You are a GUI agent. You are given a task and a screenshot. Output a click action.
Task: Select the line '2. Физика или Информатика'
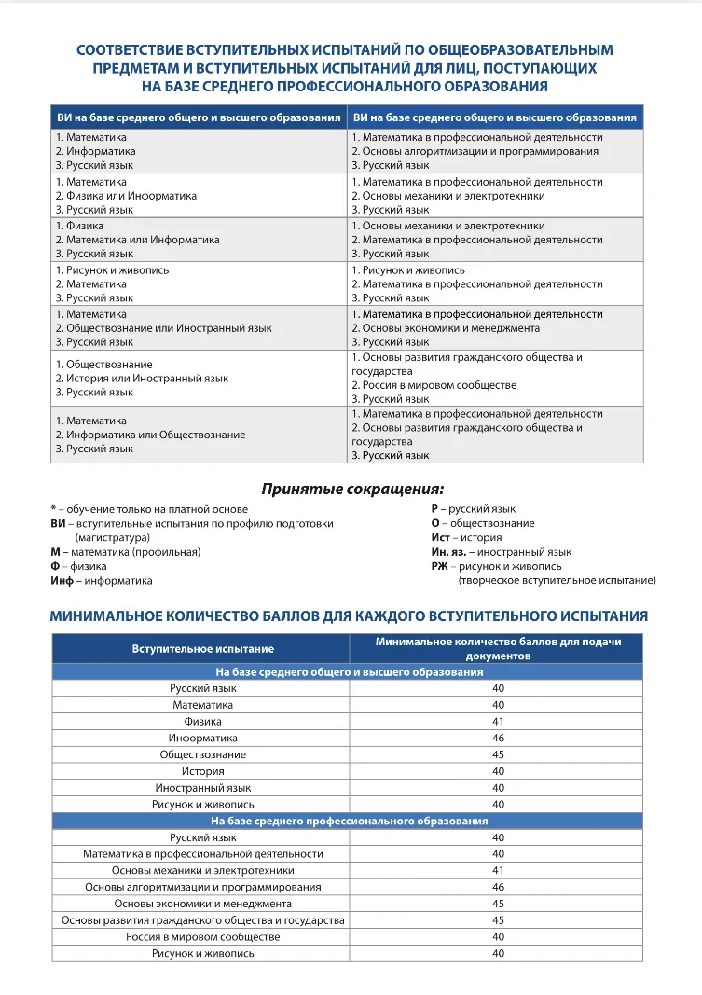(x=126, y=196)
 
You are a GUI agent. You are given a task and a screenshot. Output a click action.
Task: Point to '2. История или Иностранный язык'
(x=142, y=379)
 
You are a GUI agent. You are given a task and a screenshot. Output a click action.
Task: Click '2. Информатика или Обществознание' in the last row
(x=150, y=435)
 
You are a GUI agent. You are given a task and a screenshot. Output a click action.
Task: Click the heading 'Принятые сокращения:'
(x=351, y=489)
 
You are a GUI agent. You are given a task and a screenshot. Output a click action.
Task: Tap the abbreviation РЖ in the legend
(x=439, y=566)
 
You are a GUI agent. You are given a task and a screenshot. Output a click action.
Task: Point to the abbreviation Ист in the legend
(x=440, y=537)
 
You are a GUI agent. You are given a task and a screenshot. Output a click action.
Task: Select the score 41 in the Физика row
(x=498, y=722)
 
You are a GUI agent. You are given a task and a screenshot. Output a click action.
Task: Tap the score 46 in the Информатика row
(x=498, y=738)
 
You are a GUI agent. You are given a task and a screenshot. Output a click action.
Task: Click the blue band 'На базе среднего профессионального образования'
(x=350, y=821)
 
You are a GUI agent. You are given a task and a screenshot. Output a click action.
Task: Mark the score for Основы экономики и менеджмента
(x=498, y=904)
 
